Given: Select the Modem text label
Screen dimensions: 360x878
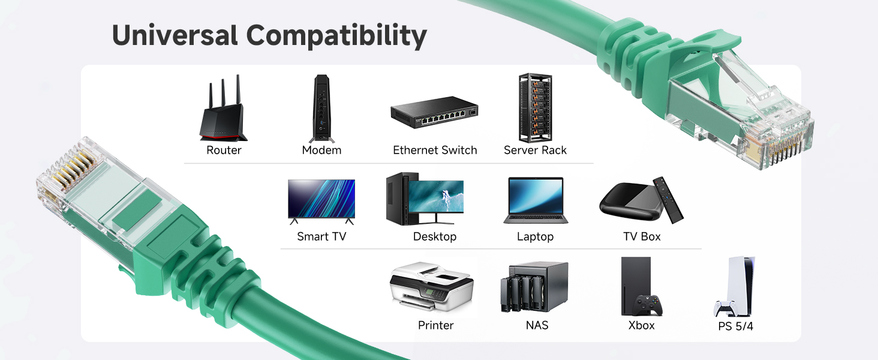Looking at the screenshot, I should (x=321, y=150).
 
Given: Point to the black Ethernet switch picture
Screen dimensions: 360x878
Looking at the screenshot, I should (x=434, y=115).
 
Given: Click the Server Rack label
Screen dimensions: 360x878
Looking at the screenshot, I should (x=535, y=150).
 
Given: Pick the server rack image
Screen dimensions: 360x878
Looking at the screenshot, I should (x=535, y=107).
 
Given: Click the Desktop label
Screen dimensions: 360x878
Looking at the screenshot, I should (x=435, y=236).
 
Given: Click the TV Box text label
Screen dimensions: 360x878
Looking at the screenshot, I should (x=642, y=236).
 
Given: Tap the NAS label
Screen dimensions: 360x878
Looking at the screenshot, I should (x=536, y=325).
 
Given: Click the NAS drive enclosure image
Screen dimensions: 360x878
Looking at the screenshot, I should (x=534, y=287).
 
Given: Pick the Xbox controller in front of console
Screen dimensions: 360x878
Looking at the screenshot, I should (x=649, y=304).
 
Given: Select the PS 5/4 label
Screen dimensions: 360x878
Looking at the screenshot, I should (x=735, y=326).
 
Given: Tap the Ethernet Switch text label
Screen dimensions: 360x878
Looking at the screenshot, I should (x=435, y=150).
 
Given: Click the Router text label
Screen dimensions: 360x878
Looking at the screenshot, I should (x=224, y=150).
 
